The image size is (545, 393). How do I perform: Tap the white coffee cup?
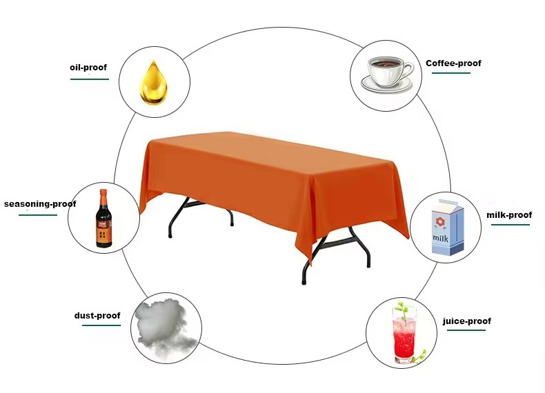point(387,72)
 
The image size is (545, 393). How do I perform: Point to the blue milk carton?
point(448,228)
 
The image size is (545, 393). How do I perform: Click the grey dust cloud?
point(164,327)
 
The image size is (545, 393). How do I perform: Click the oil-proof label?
point(88,67)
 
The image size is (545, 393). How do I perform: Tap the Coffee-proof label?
point(453,63)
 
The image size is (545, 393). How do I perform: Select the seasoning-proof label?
point(40,203)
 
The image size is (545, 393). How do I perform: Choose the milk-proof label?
point(509,214)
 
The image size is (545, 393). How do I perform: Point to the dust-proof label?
point(97,316)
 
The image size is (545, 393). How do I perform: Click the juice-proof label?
point(467,321)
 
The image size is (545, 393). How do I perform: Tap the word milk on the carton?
point(440,239)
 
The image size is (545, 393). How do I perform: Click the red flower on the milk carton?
point(440,222)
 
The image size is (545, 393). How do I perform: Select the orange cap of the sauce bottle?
point(103,192)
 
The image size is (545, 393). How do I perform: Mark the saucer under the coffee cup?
point(387,84)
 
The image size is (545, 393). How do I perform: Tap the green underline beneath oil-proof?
point(90,79)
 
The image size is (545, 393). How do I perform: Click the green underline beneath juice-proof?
point(466,330)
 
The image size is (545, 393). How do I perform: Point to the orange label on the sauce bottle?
point(103,233)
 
